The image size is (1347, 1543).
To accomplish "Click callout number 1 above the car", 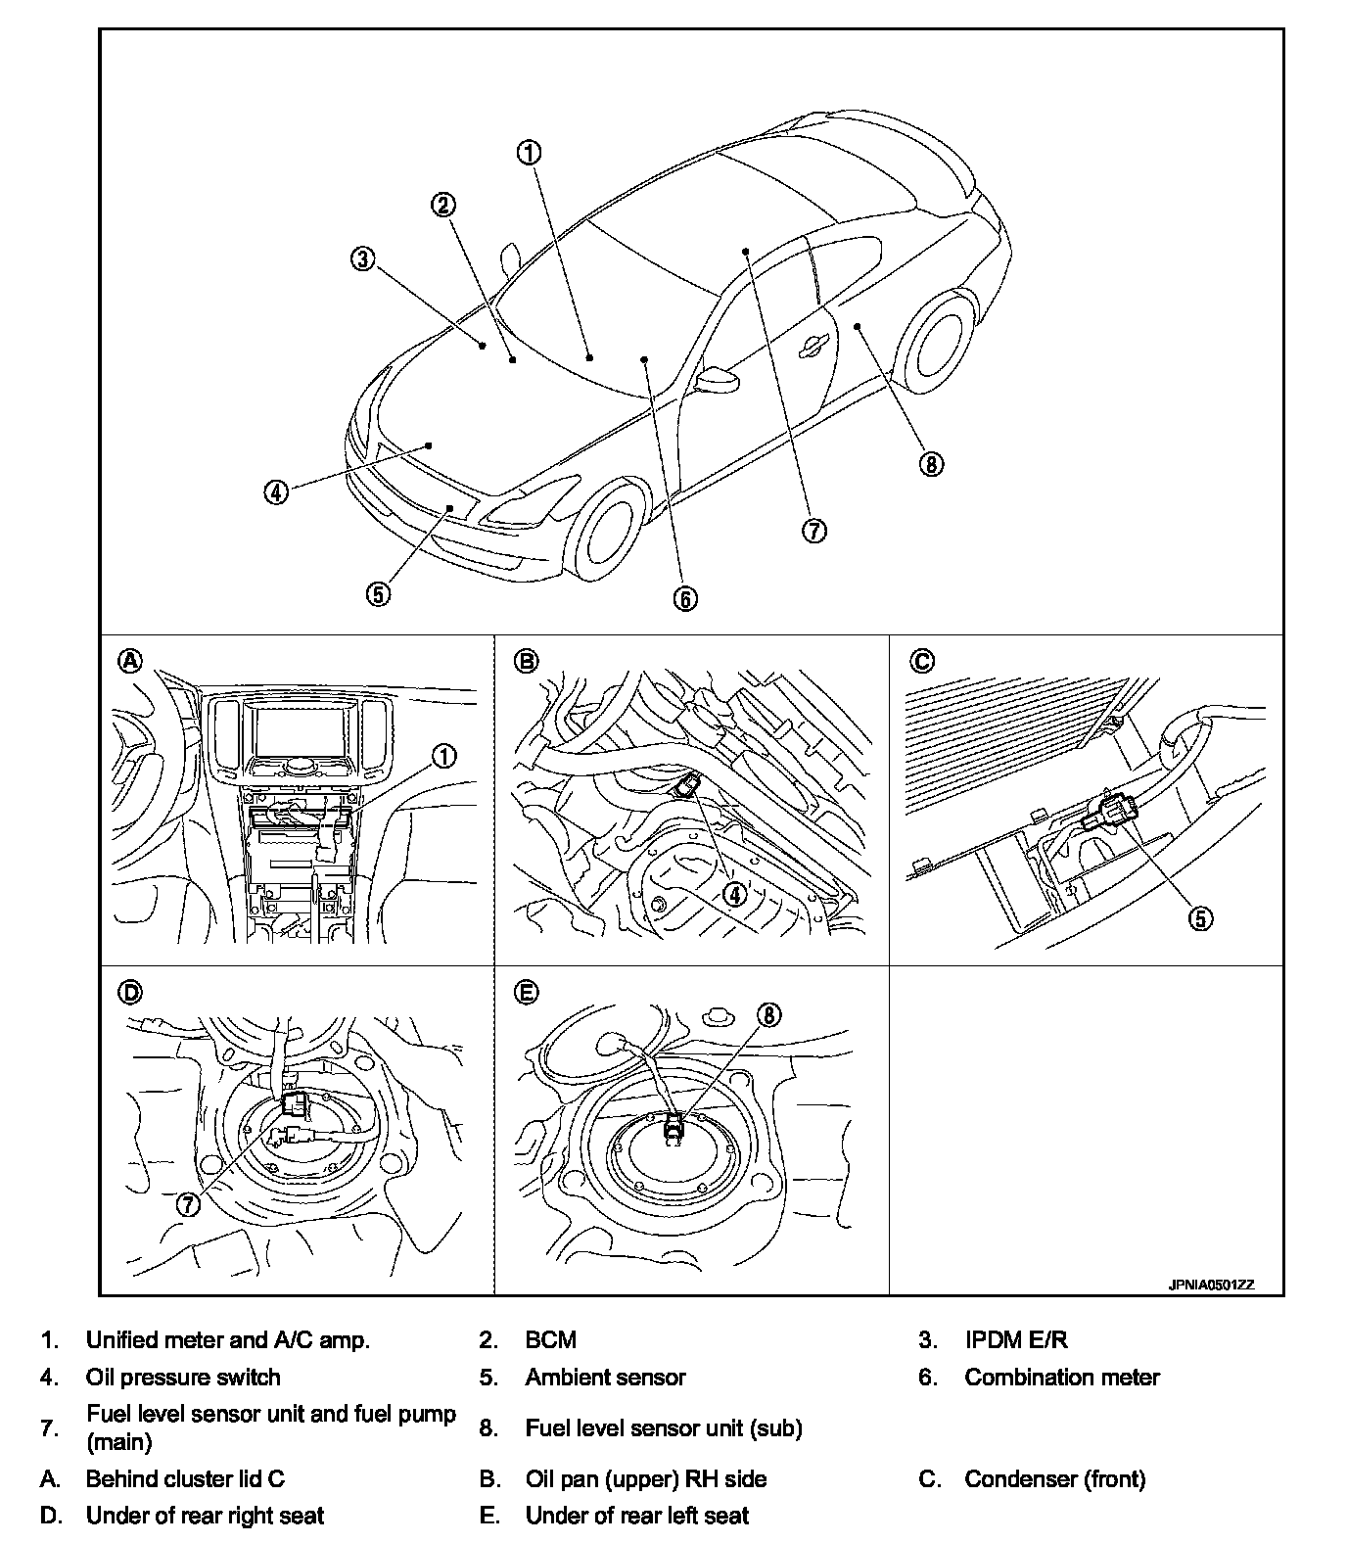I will click(529, 153).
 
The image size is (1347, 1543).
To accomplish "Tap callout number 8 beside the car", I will click(931, 463).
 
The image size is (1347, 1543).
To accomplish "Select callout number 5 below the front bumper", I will click(379, 592).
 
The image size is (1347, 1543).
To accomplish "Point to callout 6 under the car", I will click(686, 598).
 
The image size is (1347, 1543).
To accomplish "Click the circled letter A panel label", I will click(129, 661).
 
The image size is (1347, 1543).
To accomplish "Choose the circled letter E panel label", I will click(526, 992).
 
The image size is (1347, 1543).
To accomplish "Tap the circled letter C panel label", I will click(921, 661).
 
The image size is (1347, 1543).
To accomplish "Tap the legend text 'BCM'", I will click(550, 1339).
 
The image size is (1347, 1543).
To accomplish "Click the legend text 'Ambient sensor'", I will click(605, 1377).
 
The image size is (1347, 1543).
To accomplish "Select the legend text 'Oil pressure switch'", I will click(183, 1377).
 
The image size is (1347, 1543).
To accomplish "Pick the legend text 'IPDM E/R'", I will click(1016, 1339).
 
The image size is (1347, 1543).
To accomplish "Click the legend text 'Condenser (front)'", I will click(1054, 1478).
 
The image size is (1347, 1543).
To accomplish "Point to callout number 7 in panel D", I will click(188, 1204).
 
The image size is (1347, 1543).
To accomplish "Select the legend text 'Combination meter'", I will click(1061, 1377).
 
